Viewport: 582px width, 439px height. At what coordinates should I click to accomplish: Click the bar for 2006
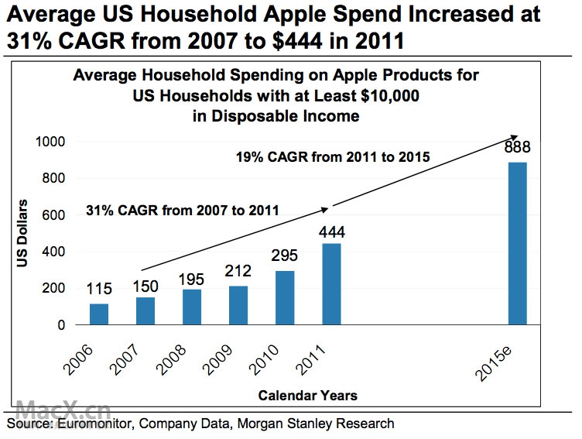click(x=99, y=314)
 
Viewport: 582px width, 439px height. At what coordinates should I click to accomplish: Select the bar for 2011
click(x=331, y=284)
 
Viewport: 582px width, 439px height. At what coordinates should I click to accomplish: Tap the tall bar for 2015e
click(x=517, y=243)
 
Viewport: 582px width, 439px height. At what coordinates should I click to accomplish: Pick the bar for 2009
click(x=238, y=305)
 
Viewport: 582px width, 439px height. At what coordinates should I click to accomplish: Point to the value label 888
click(x=516, y=149)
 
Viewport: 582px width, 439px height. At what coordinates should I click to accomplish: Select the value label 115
click(x=98, y=290)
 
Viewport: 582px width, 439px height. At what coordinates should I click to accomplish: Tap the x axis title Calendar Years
click(x=307, y=396)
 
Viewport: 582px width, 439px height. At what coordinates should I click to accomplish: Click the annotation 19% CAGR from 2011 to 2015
click(x=332, y=158)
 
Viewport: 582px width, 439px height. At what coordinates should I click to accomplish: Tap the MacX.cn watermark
click(x=63, y=409)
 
